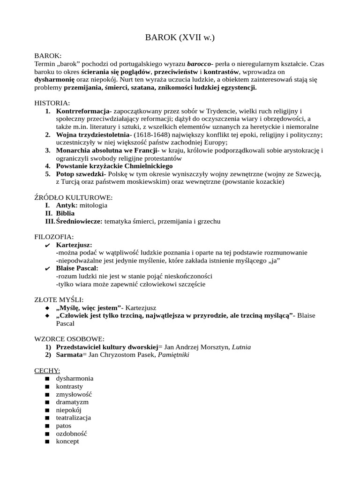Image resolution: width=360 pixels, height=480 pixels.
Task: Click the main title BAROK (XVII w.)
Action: click(180, 38)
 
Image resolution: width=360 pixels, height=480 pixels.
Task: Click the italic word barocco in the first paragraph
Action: click(199, 63)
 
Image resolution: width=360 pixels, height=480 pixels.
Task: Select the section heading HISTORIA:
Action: click(52, 103)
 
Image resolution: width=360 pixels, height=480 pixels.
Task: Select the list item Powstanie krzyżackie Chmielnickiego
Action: click(114, 166)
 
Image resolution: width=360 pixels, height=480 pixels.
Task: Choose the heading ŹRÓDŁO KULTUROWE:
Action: click(74, 198)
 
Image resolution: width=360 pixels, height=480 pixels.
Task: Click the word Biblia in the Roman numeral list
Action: click(65, 213)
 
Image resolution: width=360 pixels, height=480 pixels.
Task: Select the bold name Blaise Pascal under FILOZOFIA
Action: click(77, 268)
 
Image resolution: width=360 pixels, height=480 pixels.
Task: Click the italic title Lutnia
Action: click(238, 347)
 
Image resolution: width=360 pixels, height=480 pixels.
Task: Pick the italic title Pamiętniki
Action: click(174, 355)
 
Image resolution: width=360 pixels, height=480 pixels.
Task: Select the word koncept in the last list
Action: click(67, 441)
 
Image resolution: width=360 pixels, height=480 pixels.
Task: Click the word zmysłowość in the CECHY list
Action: click(74, 394)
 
